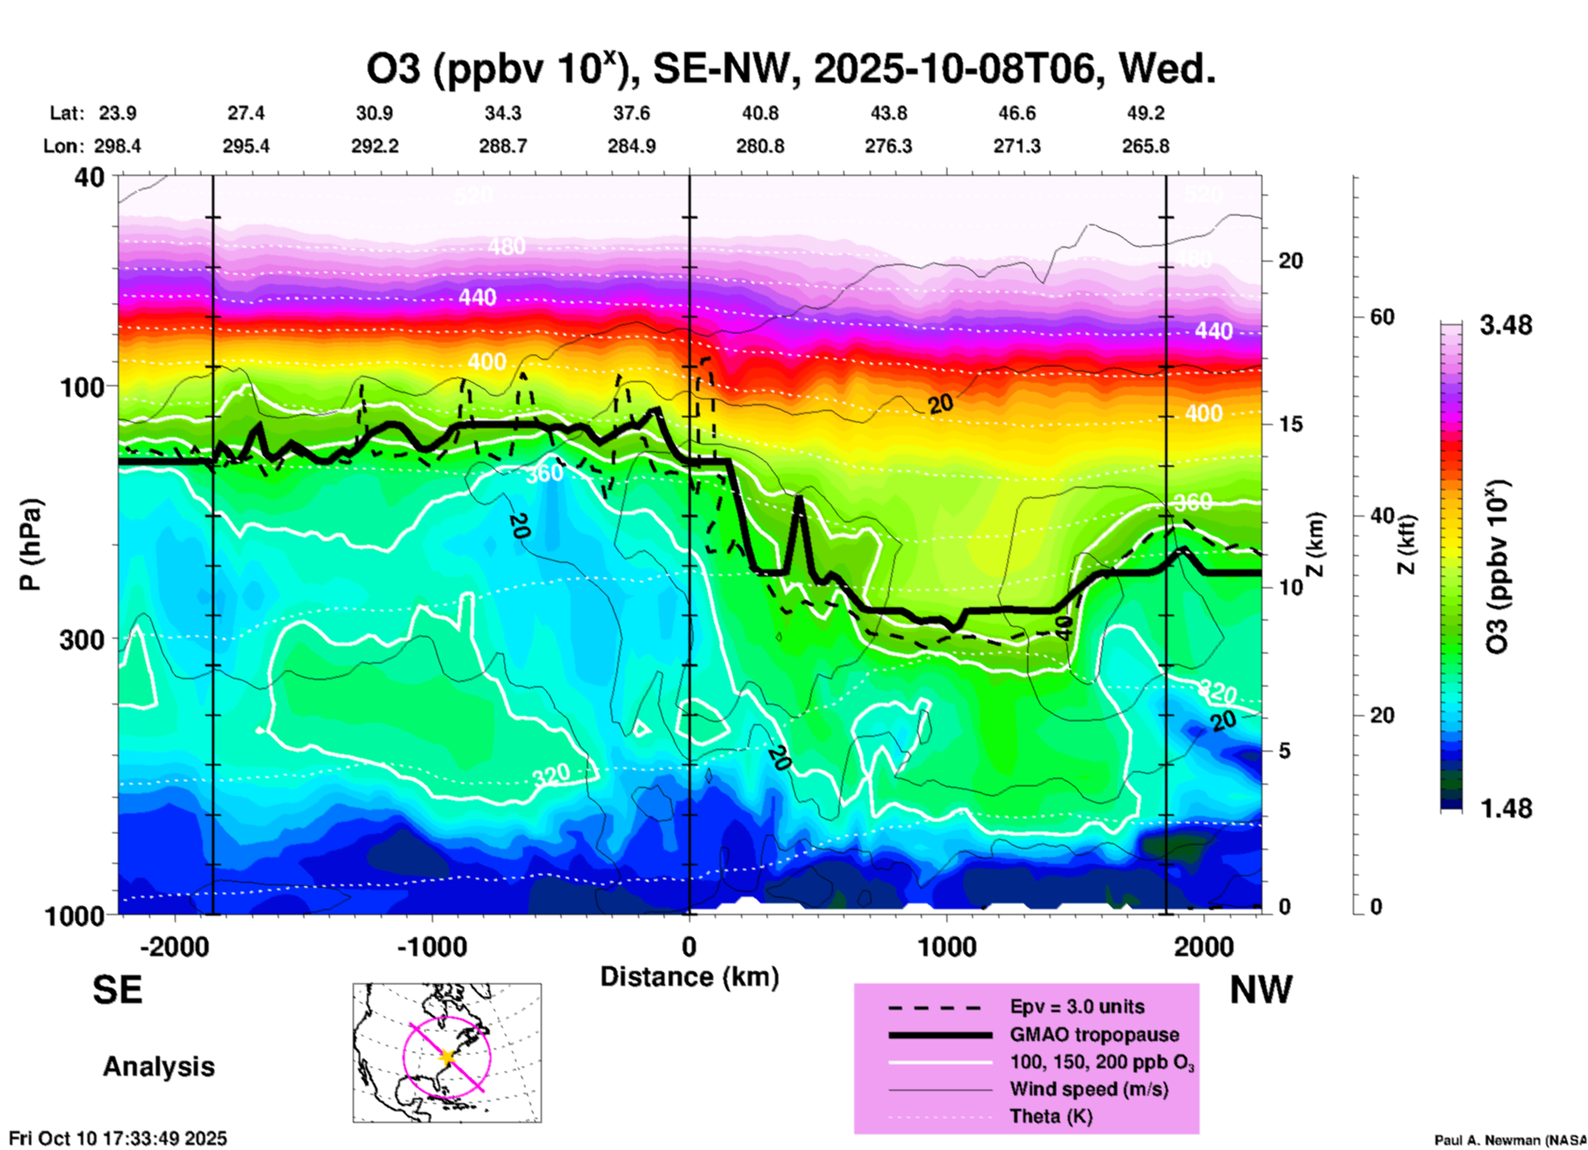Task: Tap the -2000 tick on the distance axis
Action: pos(174,946)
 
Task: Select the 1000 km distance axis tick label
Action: pos(947,946)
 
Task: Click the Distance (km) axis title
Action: pos(689,977)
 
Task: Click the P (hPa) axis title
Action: pos(30,544)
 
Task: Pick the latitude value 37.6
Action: pos(632,113)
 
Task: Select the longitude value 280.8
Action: pos(760,146)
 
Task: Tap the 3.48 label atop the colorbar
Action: pos(1506,326)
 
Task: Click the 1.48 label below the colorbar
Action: pos(1506,808)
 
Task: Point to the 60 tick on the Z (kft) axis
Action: pos(1382,317)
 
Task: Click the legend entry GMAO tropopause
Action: pos(1094,1035)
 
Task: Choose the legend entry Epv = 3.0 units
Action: pos(1077,1006)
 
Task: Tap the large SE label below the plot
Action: pos(117,990)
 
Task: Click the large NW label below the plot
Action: pos(1261,990)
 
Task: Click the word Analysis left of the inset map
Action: pos(158,1067)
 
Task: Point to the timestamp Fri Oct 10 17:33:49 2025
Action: pos(118,1139)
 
